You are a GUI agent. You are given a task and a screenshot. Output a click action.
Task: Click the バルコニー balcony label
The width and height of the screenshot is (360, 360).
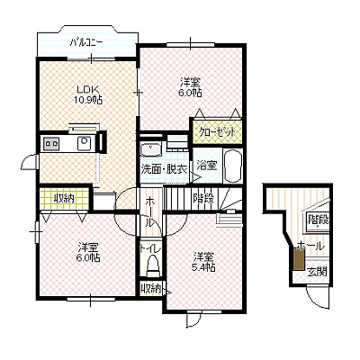click(86, 43)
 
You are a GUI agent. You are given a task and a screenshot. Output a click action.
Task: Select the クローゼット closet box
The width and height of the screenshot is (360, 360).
click(217, 131)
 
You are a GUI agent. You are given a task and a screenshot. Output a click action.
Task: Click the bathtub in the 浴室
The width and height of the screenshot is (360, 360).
click(232, 166)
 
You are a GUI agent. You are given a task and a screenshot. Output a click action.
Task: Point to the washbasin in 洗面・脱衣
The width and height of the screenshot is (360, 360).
click(151, 149)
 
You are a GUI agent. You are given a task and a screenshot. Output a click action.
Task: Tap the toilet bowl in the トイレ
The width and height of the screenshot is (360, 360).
click(153, 265)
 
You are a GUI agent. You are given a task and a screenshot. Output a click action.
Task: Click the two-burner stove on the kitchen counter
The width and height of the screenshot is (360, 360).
click(51, 143)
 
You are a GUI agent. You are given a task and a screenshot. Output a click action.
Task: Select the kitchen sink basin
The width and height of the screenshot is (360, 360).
click(85, 143)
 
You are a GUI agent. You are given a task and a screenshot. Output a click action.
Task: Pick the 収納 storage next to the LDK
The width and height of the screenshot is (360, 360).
click(64, 198)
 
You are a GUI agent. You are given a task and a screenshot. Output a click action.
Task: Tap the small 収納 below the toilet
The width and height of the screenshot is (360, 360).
click(151, 288)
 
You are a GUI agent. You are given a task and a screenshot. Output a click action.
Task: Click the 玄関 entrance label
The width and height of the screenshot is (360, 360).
click(318, 272)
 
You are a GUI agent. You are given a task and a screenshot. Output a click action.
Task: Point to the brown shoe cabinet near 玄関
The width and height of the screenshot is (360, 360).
click(299, 259)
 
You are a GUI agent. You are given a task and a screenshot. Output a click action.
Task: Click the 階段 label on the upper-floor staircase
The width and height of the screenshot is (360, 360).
click(204, 198)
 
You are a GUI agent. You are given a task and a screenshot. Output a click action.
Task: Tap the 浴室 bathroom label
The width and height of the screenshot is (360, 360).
click(206, 166)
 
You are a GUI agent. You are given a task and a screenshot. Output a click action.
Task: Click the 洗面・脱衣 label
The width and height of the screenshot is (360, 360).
click(164, 170)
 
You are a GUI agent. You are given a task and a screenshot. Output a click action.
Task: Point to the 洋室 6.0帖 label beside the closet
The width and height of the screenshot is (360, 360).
click(191, 87)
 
